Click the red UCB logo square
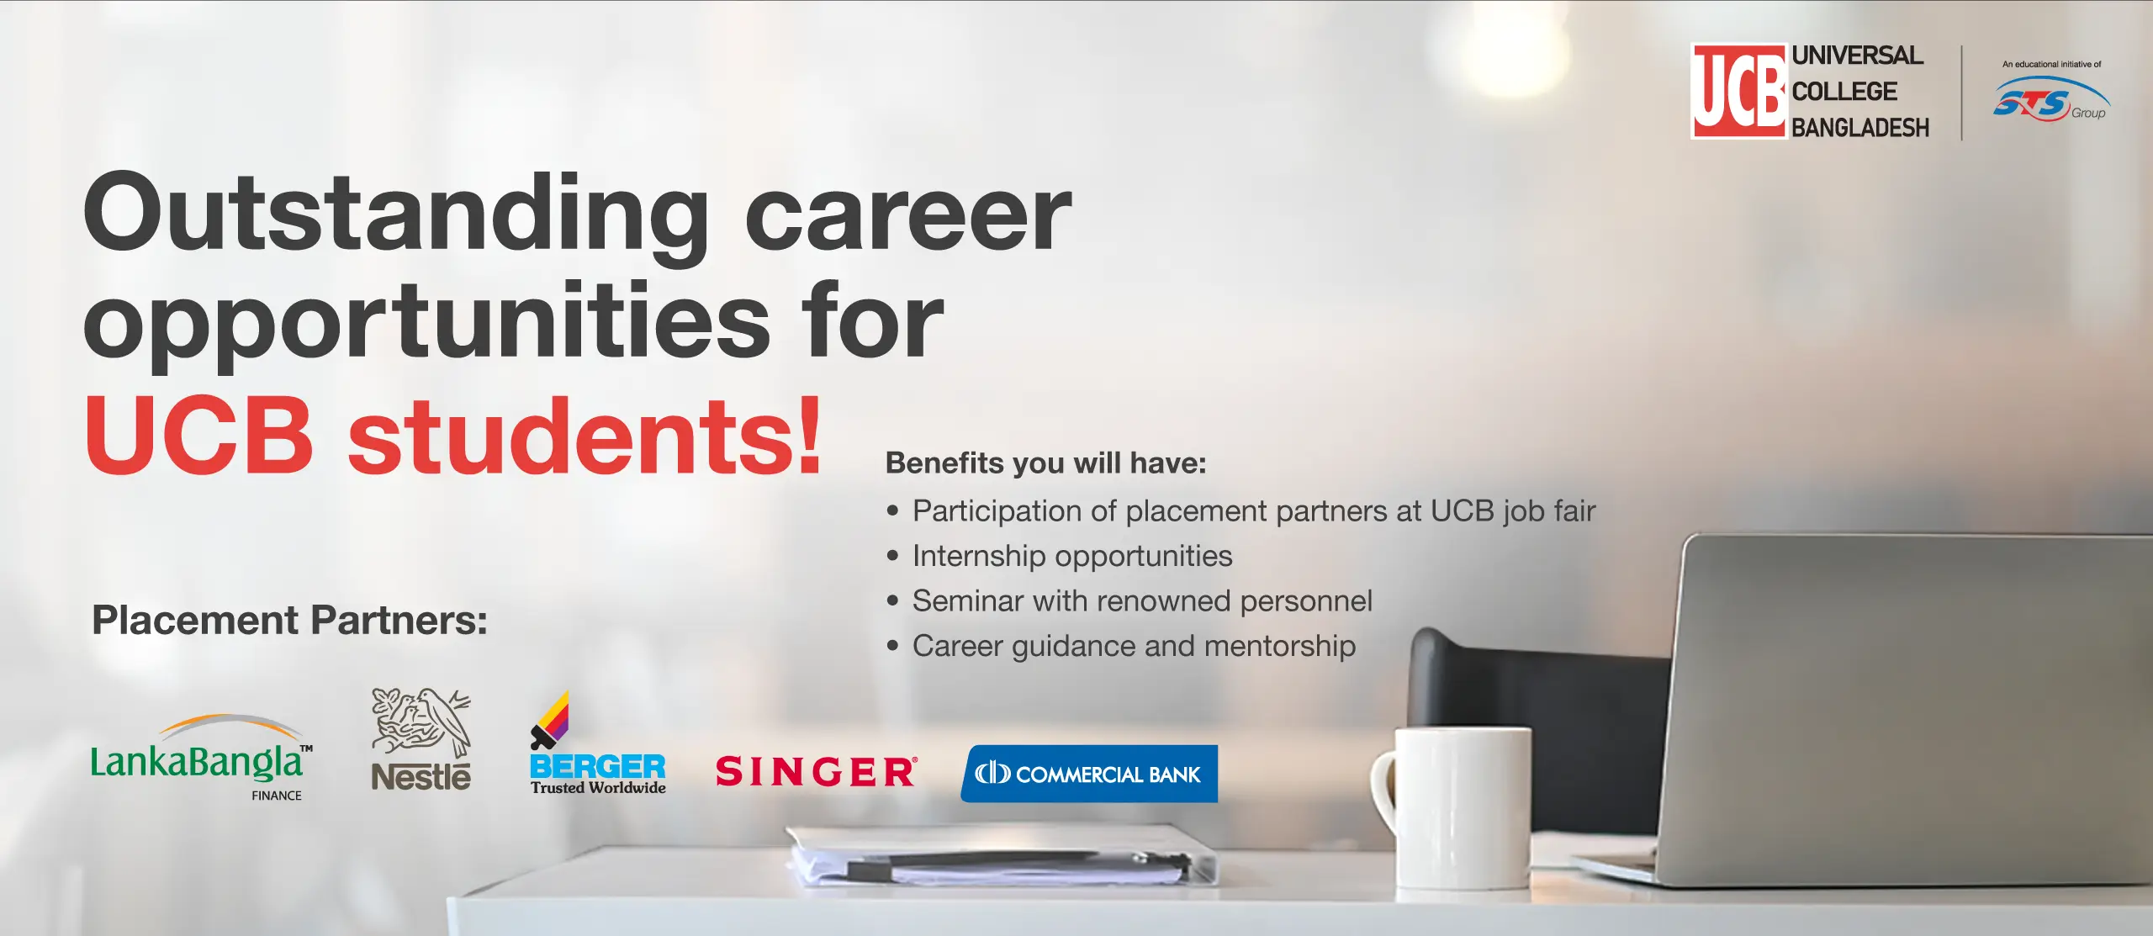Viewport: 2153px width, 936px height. [1739, 91]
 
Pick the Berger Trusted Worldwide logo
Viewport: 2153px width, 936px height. [598, 743]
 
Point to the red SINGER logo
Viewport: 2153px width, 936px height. [817, 772]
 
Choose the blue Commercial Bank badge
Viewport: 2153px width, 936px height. [1089, 774]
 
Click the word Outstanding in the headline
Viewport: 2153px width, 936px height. [396, 214]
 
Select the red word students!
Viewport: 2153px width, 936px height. [585, 436]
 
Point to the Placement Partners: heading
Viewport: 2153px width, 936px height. [289, 621]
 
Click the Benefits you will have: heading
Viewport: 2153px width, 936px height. [1046, 463]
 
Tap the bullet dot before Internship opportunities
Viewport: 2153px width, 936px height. [893, 557]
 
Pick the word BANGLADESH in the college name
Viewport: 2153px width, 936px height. [1860, 128]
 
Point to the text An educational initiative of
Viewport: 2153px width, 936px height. [2052, 64]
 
